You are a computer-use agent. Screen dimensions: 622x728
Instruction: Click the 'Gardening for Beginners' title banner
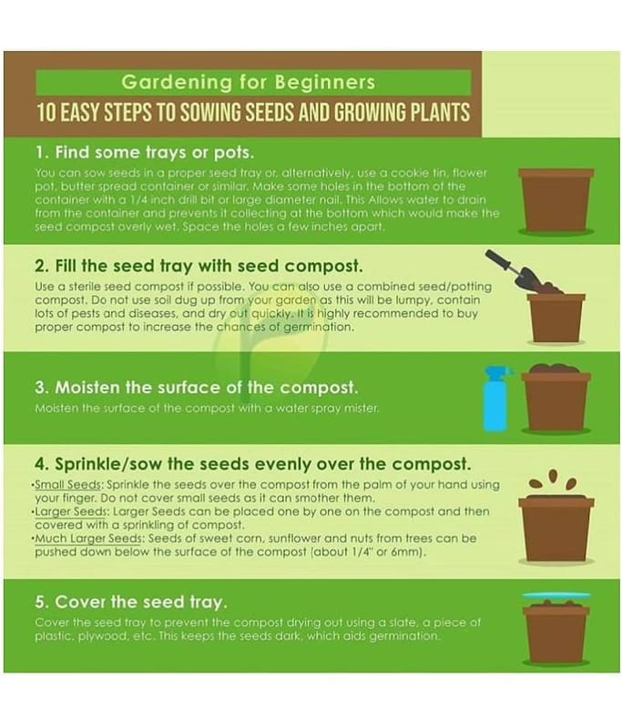pos(254,82)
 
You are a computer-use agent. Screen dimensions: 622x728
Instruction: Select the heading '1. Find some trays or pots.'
pos(145,152)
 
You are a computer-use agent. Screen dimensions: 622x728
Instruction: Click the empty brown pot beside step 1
pos(556,200)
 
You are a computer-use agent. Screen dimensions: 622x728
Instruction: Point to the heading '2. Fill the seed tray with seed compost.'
pos(199,266)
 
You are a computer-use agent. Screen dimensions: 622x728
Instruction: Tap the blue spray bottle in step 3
pos(496,399)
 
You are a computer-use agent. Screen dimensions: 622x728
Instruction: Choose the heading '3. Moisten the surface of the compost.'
pos(196,388)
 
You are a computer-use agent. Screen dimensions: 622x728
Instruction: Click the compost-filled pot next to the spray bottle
pos(556,398)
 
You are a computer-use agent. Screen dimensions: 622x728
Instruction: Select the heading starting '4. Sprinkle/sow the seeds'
pos(252,464)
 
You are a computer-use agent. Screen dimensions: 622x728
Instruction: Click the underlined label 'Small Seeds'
pos(68,485)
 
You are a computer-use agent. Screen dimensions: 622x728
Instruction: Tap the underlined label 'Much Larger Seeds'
pos(88,539)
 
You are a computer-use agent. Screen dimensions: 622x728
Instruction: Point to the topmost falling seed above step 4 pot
pos(553,475)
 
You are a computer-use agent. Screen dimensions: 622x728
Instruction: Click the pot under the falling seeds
pos(556,529)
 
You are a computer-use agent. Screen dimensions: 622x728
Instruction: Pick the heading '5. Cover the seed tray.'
pos(131,602)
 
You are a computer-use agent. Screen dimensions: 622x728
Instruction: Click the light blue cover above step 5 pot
pos(556,595)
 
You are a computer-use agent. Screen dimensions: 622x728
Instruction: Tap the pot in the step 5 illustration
pos(556,632)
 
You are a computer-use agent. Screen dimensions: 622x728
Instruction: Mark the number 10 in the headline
pos(46,112)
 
